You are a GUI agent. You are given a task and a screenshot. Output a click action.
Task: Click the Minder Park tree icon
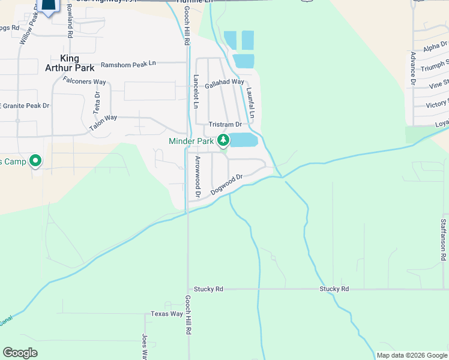tap(223, 141)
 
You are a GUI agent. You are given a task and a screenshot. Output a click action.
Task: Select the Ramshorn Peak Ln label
tap(128, 63)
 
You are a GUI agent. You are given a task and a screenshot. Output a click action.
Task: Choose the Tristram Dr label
tap(224, 124)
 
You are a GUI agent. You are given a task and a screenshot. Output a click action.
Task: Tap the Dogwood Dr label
tap(226, 185)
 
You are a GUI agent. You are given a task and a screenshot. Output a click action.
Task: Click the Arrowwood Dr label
tap(197, 178)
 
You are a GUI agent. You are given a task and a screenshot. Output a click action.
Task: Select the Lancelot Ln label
tap(196, 91)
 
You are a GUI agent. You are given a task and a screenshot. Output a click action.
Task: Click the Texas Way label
tap(166, 314)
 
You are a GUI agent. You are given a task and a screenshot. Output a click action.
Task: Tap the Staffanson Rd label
tap(443, 239)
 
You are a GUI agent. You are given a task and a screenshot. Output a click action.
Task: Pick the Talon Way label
tap(103, 123)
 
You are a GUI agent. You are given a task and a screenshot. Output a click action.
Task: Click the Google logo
tap(20, 353)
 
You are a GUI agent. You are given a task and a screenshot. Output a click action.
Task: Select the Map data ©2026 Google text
tap(411, 355)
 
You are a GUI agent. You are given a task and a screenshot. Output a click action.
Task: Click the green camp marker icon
tap(35, 160)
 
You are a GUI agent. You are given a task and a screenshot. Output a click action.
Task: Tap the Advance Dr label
tap(413, 67)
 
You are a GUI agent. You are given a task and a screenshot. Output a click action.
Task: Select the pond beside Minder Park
tap(244, 140)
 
